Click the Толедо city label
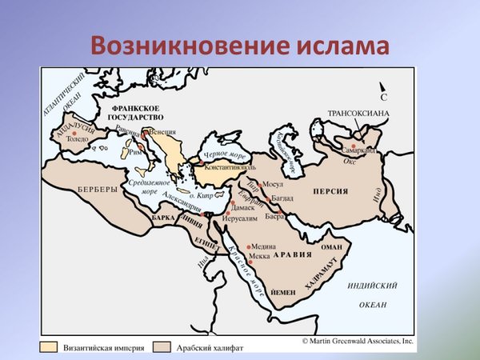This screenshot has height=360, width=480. tap(78, 138)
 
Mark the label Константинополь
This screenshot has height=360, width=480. tap(230, 168)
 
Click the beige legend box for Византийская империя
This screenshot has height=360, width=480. tap(50, 347)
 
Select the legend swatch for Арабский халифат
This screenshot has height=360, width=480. tap(163, 347)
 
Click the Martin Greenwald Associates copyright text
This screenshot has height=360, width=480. tap(357, 341)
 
